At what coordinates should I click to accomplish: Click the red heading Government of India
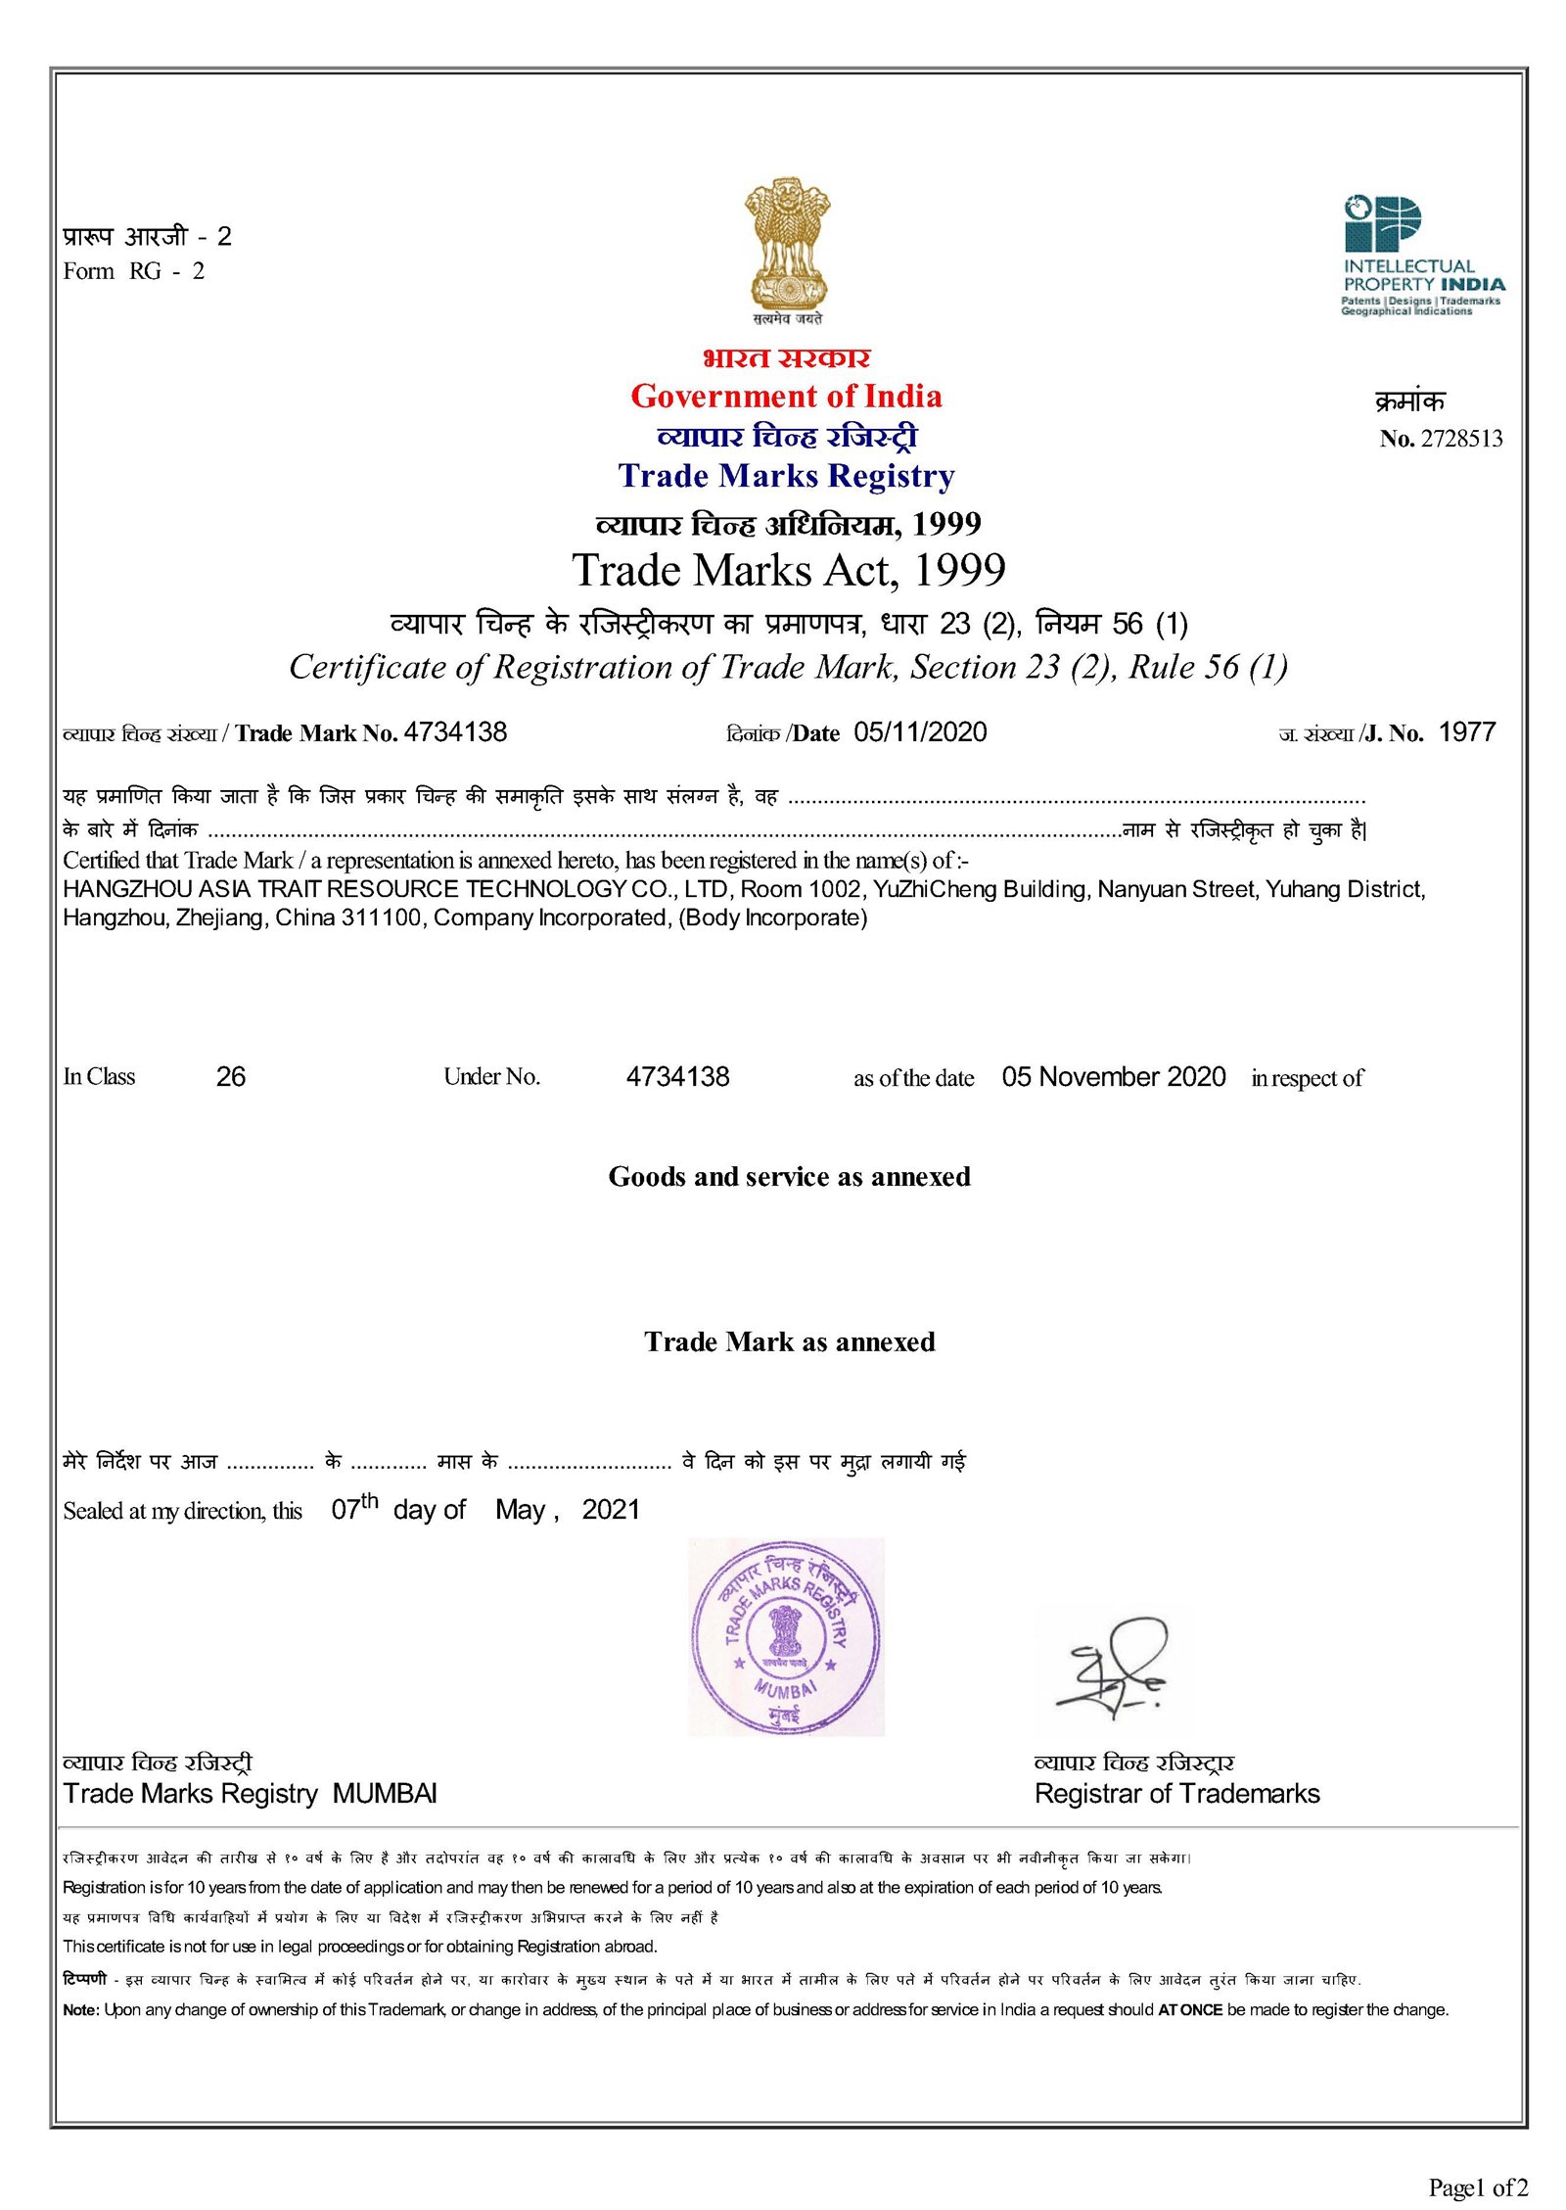(786, 397)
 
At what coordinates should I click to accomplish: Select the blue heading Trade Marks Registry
(786, 476)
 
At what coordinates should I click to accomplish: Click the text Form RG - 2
(134, 271)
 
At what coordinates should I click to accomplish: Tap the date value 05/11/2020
(920, 732)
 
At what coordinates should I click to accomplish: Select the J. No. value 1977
(1466, 732)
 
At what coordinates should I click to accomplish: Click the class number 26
(231, 1077)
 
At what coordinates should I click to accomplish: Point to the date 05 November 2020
(1113, 1077)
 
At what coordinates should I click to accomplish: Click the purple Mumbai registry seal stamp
(786, 1636)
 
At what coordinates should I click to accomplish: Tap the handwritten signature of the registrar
(1115, 1665)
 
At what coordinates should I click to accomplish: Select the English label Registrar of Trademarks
(1176, 1794)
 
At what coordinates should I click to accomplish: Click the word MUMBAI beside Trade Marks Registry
(385, 1794)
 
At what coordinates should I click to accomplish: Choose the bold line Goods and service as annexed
(789, 1177)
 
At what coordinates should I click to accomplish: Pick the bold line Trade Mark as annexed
(789, 1341)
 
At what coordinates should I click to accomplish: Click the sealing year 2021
(610, 1510)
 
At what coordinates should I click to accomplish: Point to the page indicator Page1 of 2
(1477, 2186)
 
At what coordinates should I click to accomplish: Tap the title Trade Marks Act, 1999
(789, 571)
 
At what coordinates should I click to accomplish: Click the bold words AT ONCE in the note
(1190, 2010)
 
